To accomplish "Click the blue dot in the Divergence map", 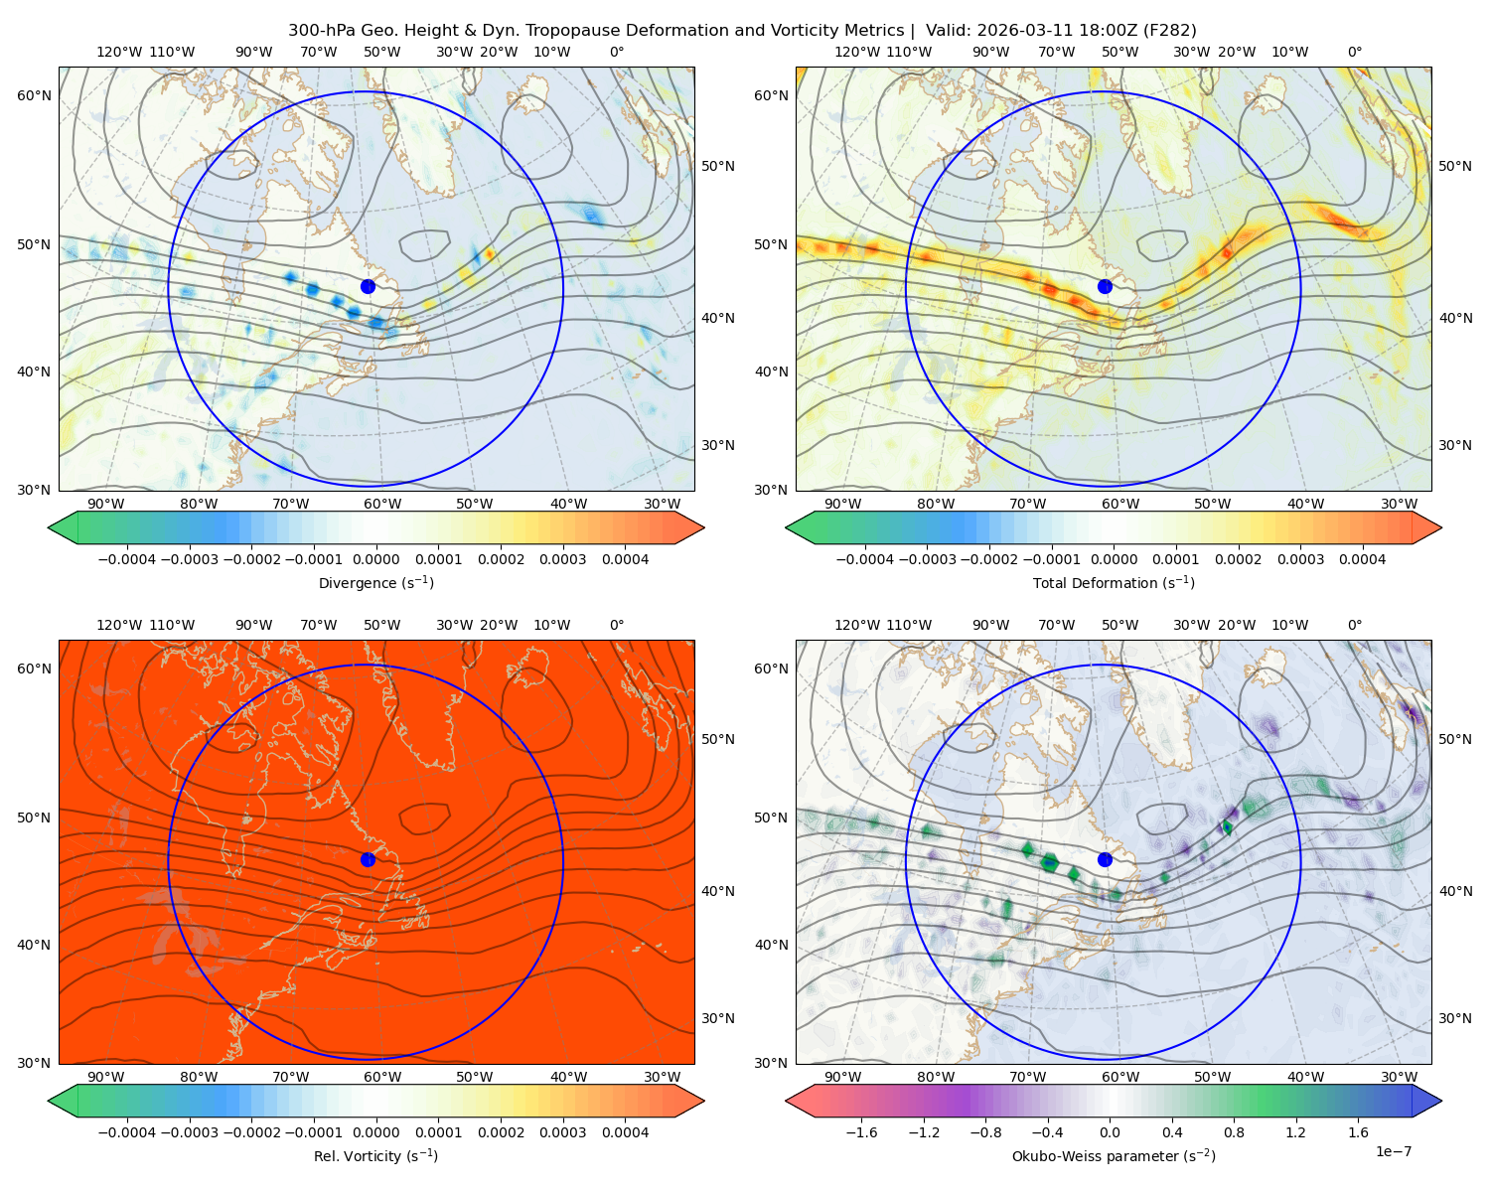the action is pos(368,286).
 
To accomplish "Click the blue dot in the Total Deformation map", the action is pos(1105,286).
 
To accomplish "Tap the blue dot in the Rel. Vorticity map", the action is pos(368,859).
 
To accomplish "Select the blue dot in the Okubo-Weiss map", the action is pos(1105,859).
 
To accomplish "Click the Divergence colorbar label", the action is pos(375,582).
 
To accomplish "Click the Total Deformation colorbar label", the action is pos(1114,582).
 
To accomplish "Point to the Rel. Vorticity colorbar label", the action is pos(375,1155).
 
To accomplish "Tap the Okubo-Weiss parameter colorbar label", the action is pos(1114,1155).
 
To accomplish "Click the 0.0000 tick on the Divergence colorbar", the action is pos(375,559).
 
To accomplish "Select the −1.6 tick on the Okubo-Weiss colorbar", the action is pos(861,1131).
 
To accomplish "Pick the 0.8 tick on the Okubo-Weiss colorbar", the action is pos(1234,1131).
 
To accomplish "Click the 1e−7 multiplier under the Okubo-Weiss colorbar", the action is pos(1393,1151).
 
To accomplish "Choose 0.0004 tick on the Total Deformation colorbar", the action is pos(1362,559).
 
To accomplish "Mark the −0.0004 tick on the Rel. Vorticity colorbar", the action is pos(127,1131).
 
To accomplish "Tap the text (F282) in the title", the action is pos(1169,31).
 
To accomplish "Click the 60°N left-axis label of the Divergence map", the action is pos(34,95).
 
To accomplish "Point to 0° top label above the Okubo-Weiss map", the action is pos(1354,625).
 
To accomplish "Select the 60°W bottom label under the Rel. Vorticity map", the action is pos(382,1077).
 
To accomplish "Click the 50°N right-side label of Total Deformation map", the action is pos(1456,166).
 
